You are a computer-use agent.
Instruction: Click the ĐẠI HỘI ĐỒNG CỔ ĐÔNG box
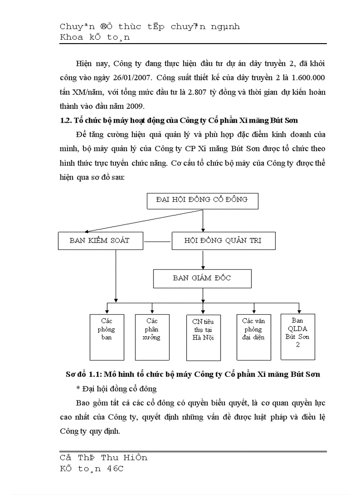(202, 200)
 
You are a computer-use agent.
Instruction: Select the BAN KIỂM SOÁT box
(100, 241)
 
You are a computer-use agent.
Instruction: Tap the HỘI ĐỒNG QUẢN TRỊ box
(223, 241)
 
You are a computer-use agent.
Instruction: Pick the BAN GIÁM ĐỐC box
(202, 279)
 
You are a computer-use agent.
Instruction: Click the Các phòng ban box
(107, 337)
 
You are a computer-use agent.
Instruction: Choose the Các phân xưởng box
(152, 337)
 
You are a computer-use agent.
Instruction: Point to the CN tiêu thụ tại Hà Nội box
(203, 337)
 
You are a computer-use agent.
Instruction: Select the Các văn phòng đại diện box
(254, 337)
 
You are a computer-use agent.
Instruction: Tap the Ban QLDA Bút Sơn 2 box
(298, 336)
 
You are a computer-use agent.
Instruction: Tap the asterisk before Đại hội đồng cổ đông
(78, 389)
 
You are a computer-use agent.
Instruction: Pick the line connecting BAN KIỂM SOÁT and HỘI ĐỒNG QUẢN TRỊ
(157, 242)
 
